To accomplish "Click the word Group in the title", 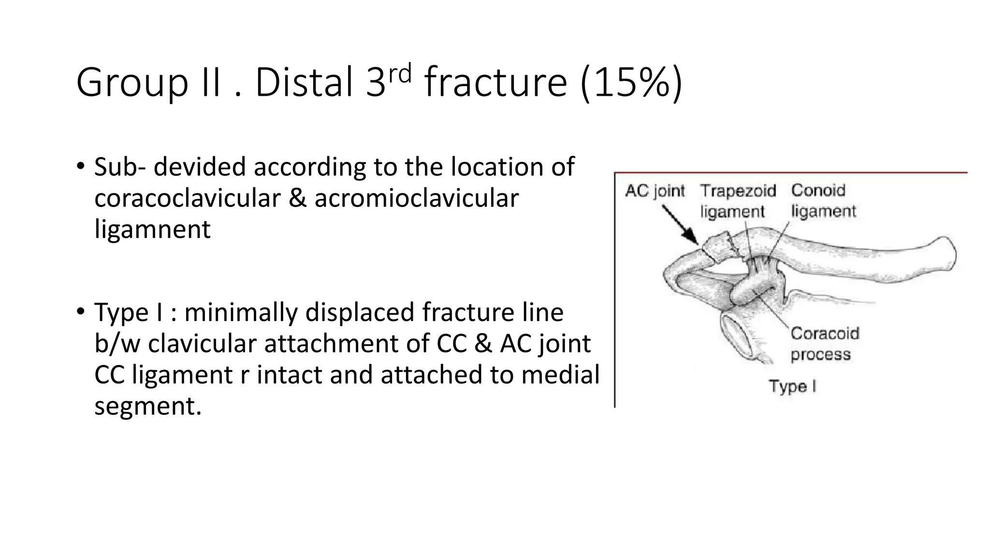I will pos(131,83).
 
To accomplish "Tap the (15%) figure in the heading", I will pos(631,83).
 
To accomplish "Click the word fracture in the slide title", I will pos(495,83).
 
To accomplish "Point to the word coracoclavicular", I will pos(188,198).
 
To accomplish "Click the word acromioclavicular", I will pos(416,198).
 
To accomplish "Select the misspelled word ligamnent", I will pos(152,229).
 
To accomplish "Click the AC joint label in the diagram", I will pos(655,191).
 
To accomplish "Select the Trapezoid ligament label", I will pos(737,201).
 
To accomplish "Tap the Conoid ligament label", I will pos(823,201).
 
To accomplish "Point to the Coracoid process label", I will pos(824,344).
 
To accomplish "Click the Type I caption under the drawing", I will pos(792,386).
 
